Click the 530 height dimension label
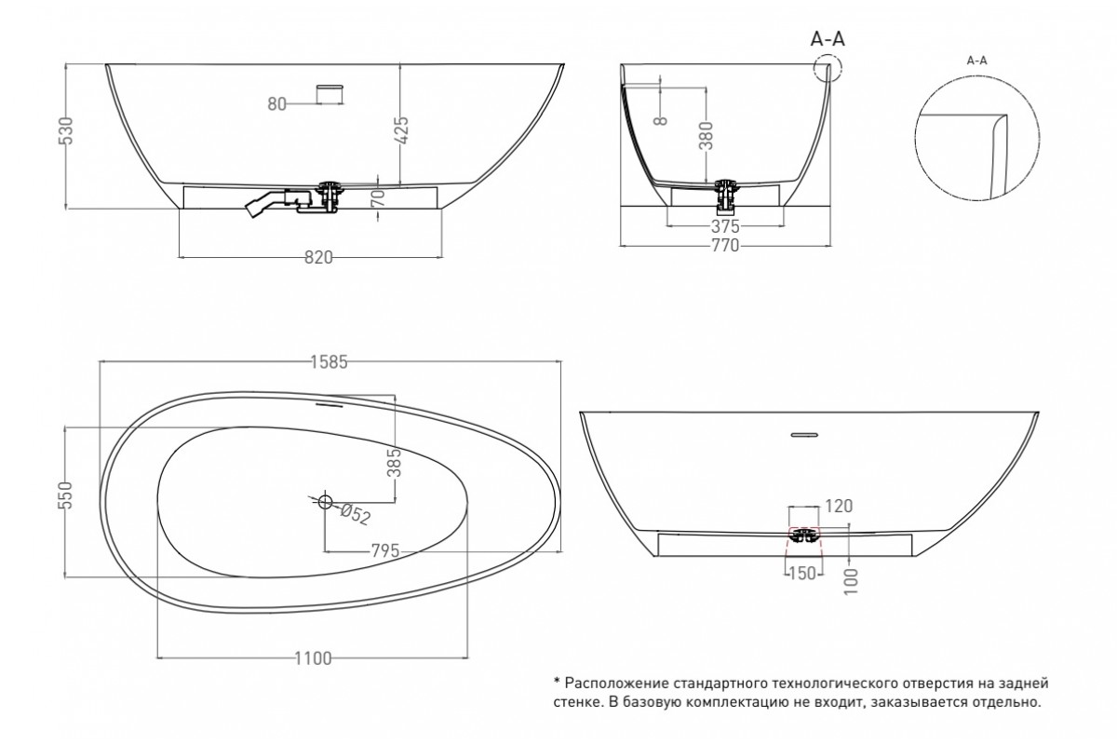pyautogui.click(x=66, y=130)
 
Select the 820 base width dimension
pyautogui.click(x=318, y=257)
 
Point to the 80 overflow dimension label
pyautogui.click(x=276, y=103)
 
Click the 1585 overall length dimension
pyautogui.click(x=329, y=362)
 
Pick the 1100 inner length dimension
pyautogui.click(x=313, y=658)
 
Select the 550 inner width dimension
pyautogui.click(x=65, y=495)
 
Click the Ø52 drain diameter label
pyautogui.click(x=356, y=515)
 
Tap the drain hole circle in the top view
pyautogui.click(x=325, y=500)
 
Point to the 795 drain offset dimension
pyautogui.click(x=385, y=551)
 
